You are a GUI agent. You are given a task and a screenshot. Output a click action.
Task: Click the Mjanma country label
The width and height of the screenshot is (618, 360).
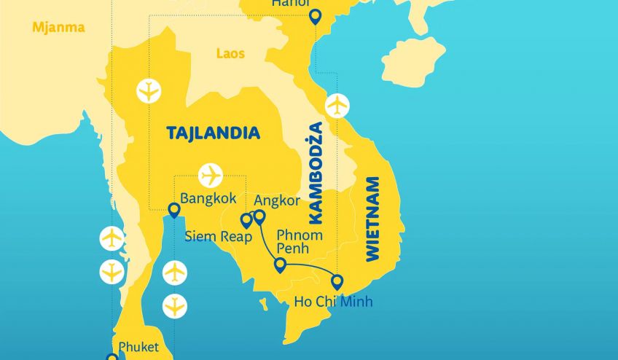pos(58,28)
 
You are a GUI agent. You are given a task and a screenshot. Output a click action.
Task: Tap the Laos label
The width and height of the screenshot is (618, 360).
pos(230,53)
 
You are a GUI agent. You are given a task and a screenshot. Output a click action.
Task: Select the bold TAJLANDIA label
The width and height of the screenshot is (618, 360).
pos(213,133)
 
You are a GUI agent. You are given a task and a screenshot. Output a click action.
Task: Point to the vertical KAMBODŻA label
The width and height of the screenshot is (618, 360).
pos(315,172)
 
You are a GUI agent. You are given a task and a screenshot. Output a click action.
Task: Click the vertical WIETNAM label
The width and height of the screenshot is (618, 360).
pos(372,219)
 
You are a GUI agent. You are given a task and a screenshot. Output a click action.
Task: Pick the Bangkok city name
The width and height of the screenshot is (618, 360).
pos(208,198)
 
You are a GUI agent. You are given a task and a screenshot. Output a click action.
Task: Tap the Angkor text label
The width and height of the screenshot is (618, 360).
pos(275,200)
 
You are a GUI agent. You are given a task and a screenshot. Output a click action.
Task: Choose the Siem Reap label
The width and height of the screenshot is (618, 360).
pos(218,237)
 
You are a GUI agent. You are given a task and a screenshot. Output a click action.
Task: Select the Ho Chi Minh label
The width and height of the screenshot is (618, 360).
pos(333,301)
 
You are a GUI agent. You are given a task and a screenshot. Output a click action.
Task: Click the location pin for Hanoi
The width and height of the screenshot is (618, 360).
pos(315,17)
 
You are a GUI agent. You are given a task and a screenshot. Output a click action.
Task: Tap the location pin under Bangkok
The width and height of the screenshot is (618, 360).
pos(174,211)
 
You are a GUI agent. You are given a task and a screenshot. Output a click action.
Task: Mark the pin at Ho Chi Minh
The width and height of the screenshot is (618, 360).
pos(337,281)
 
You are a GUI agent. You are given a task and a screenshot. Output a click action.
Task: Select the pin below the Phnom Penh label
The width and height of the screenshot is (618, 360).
pos(280,265)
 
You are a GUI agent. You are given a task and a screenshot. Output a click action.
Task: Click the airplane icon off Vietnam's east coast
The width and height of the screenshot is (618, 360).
pos(337,106)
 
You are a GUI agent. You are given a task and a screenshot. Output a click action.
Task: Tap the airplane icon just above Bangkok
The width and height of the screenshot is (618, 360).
pos(211,176)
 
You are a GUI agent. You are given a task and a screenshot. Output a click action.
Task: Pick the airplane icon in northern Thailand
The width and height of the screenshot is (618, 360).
pos(149,91)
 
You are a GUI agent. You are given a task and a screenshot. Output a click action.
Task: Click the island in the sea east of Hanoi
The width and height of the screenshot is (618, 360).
pos(412,61)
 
